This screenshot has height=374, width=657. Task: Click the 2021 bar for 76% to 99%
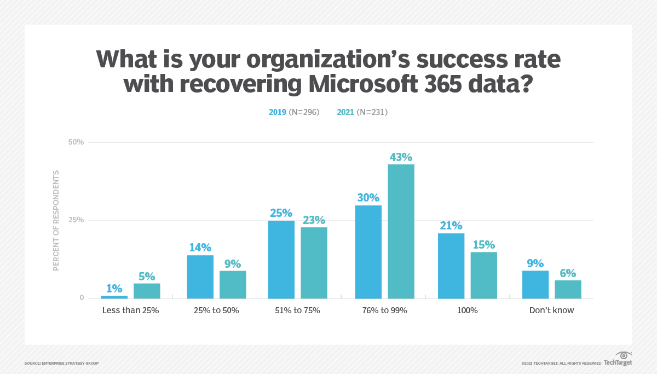[401, 232]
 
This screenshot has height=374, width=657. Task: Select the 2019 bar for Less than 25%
[114, 297]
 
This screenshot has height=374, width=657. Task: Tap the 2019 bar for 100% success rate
[451, 266]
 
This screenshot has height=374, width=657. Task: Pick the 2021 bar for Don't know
[568, 290]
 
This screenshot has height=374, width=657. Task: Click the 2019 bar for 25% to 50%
[200, 277]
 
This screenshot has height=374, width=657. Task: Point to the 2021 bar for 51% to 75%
[314, 263]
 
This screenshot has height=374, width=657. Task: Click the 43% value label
[401, 157]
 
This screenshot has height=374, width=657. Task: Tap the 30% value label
[368, 198]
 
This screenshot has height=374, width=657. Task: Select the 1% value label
[114, 289]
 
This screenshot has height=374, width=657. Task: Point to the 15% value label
[484, 245]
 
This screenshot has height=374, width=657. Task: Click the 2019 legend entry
[294, 112]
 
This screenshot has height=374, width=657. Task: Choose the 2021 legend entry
[362, 112]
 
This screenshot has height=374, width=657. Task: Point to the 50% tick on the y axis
[76, 142]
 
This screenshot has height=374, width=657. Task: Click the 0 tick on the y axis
[82, 298]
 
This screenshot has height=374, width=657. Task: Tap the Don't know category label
[551, 310]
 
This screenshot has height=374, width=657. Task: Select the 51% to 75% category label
[297, 310]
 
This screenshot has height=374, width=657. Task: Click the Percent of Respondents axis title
[56, 221]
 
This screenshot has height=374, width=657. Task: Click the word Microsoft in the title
[363, 84]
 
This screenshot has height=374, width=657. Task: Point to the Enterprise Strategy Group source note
[61, 364]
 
